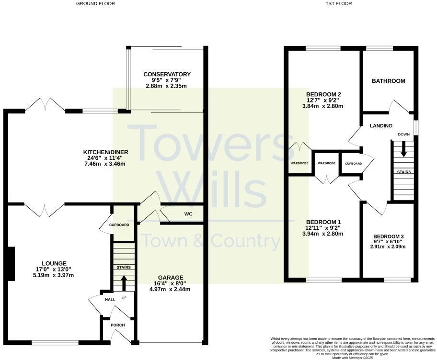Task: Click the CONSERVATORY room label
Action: coord(167,74)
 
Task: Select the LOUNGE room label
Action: coord(54,263)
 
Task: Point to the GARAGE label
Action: coord(170,278)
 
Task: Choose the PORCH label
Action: coord(117,325)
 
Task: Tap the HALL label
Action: coord(110,299)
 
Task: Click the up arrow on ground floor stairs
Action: coord(124,283)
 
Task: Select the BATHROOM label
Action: coord(388,81)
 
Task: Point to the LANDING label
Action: coord(381,126)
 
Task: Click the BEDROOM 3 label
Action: coord(388,236)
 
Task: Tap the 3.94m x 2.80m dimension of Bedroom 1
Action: coord(323,234)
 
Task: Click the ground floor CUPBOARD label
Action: coord(119,225)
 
